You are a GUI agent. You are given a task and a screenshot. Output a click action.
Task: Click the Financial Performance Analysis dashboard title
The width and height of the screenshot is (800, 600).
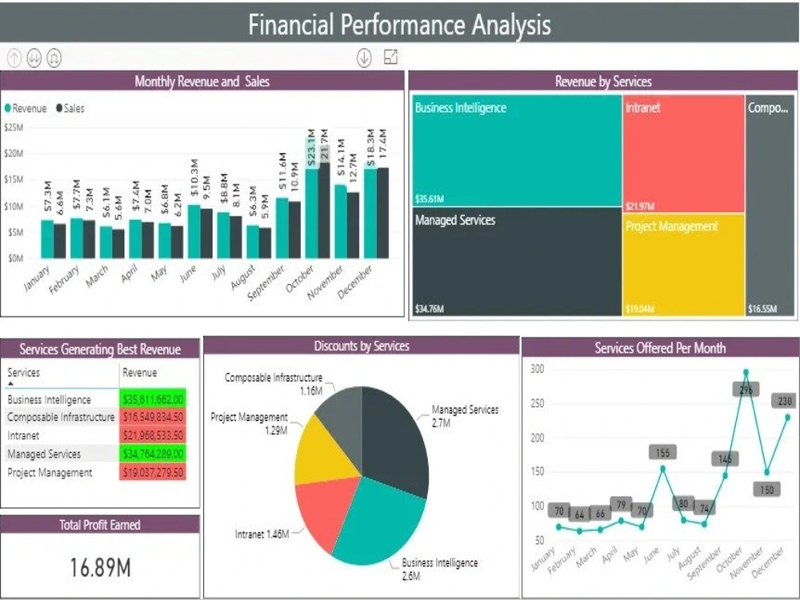click(399, 24)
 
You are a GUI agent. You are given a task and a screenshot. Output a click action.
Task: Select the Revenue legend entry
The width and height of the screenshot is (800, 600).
click(26, 108)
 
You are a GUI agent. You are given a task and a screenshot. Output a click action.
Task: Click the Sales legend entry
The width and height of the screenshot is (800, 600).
click(70, 108)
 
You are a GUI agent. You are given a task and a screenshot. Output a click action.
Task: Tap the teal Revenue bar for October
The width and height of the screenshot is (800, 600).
click(312, 212)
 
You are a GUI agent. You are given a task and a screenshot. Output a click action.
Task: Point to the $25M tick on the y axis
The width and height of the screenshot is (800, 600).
click(14, 127)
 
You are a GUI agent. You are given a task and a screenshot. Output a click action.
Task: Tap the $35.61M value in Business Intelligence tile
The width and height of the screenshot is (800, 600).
click(430, 199)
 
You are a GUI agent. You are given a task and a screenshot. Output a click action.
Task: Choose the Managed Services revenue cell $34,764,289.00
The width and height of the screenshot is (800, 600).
click(152, 454)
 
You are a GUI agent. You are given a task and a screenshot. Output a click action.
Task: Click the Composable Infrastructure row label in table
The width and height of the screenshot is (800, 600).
click(61, 418)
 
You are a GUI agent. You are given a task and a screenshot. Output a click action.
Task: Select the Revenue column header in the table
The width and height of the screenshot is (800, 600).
click(140, 373)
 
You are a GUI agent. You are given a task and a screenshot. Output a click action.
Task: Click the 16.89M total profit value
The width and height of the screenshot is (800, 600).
click(99, 568)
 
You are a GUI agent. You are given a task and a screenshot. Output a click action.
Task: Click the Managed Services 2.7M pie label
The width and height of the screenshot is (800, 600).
click(464, 415)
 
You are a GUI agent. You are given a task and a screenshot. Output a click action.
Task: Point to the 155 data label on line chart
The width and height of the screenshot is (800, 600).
click(662, 453)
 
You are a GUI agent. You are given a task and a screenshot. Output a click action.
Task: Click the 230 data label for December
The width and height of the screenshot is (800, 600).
click(784, 402)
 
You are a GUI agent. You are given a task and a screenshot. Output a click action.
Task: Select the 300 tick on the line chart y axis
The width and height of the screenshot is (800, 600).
click(537, 369)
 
